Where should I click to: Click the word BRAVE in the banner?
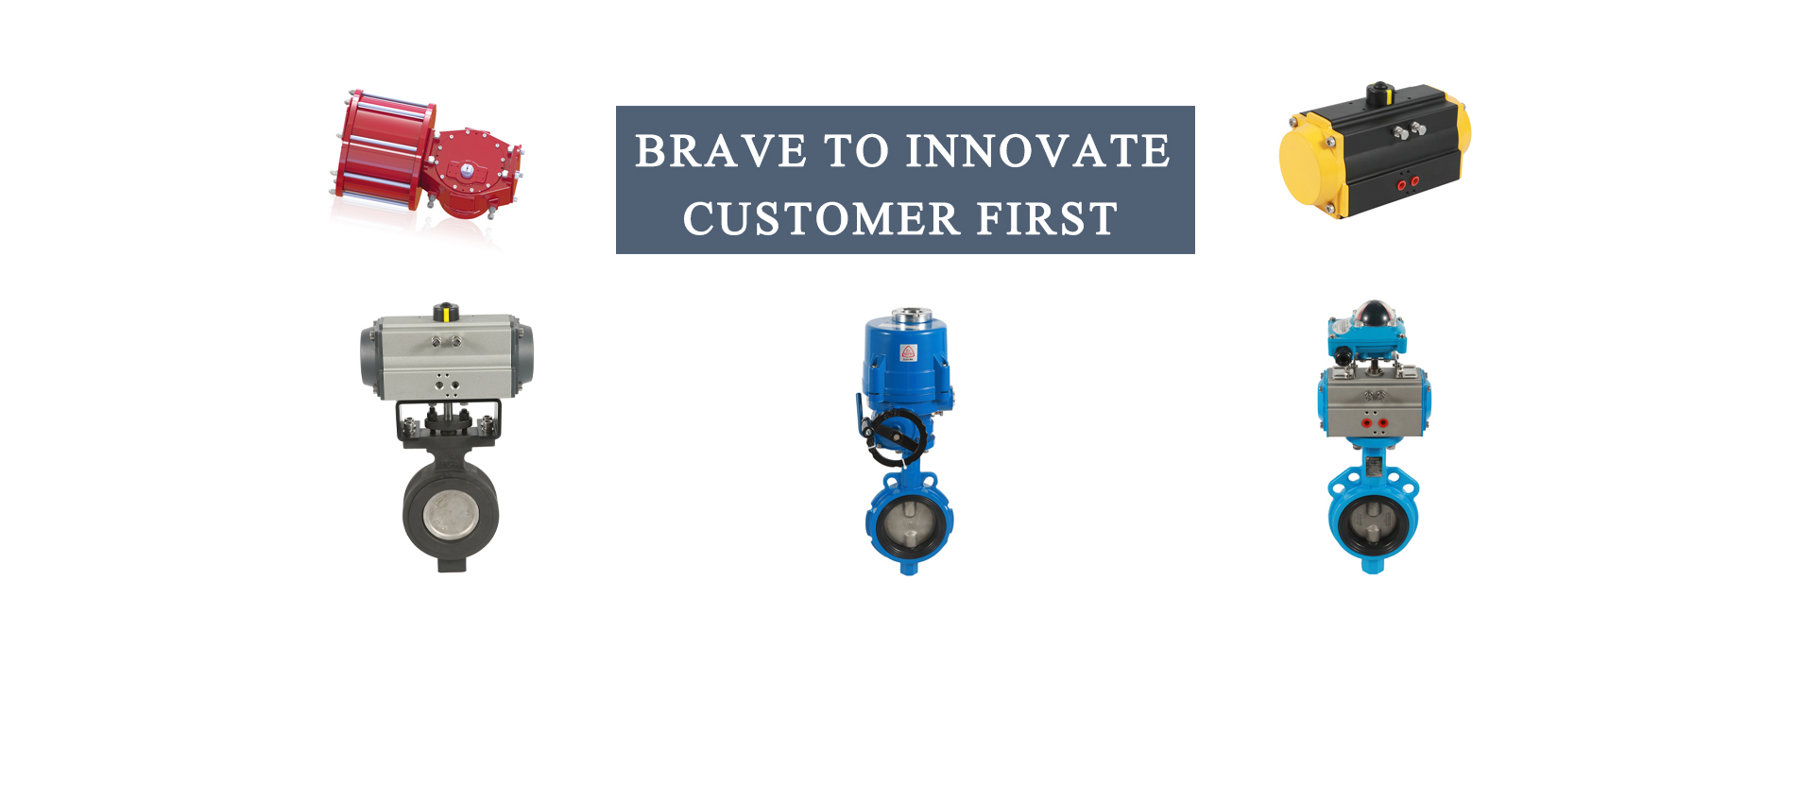pos(721,151)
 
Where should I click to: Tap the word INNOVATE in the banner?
pos(1038,151)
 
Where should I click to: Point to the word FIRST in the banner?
pos(1047,219)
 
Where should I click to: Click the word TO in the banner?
pos(856,151)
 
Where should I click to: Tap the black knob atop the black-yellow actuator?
pos(1380,93)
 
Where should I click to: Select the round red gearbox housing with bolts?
pos(469,172)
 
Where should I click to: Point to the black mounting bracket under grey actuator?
pos(448,420)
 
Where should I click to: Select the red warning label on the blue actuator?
pos(908,353)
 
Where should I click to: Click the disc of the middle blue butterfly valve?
pos(909,524)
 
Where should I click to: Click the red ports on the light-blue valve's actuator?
pos(1376,423)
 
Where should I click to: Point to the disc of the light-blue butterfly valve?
pos(1373,524)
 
